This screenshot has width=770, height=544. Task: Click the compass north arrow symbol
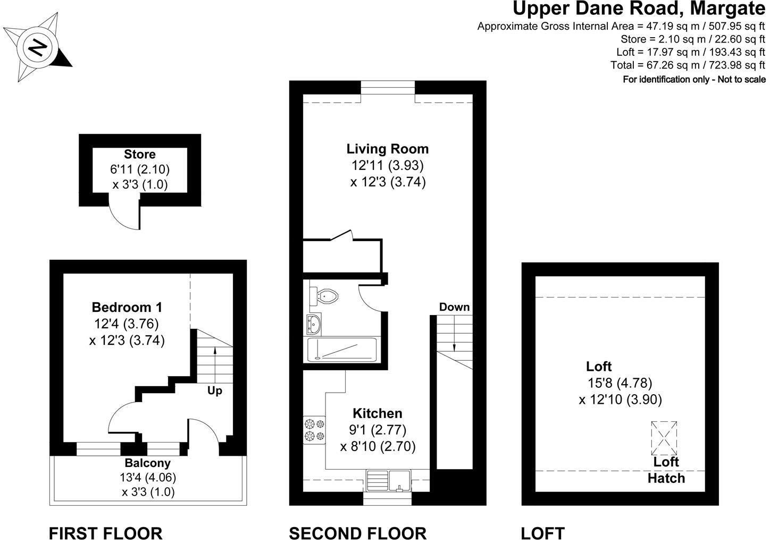[x=38, y=48]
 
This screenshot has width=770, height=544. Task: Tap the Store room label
[x=140, y=155]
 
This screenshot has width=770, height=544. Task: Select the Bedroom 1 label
[x=127, y=307]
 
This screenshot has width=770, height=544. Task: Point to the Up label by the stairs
[x=215, y=391]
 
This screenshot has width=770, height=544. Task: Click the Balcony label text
[x=147, y=463]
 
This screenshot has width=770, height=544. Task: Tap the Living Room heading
[x=387, y=149]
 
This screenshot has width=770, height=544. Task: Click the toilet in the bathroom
[x=325, y=295]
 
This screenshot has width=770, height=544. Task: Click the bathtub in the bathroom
[x=341, y=350]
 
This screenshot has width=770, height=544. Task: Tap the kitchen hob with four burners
[x=314, y=430]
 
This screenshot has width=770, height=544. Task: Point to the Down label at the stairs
[x=454, y=307]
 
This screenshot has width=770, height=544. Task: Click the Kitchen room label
[x=378, y=413]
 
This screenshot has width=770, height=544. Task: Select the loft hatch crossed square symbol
[x=664, y=437]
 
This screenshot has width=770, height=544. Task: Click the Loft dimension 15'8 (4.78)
[x=620, y=382]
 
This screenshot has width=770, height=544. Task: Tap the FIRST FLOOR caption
[x=105, y=533]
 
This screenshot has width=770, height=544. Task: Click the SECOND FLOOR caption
[x=357, y=533]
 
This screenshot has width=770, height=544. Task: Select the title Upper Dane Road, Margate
[x=639, y=9]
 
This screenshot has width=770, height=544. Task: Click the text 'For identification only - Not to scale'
[x=694, y=80]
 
